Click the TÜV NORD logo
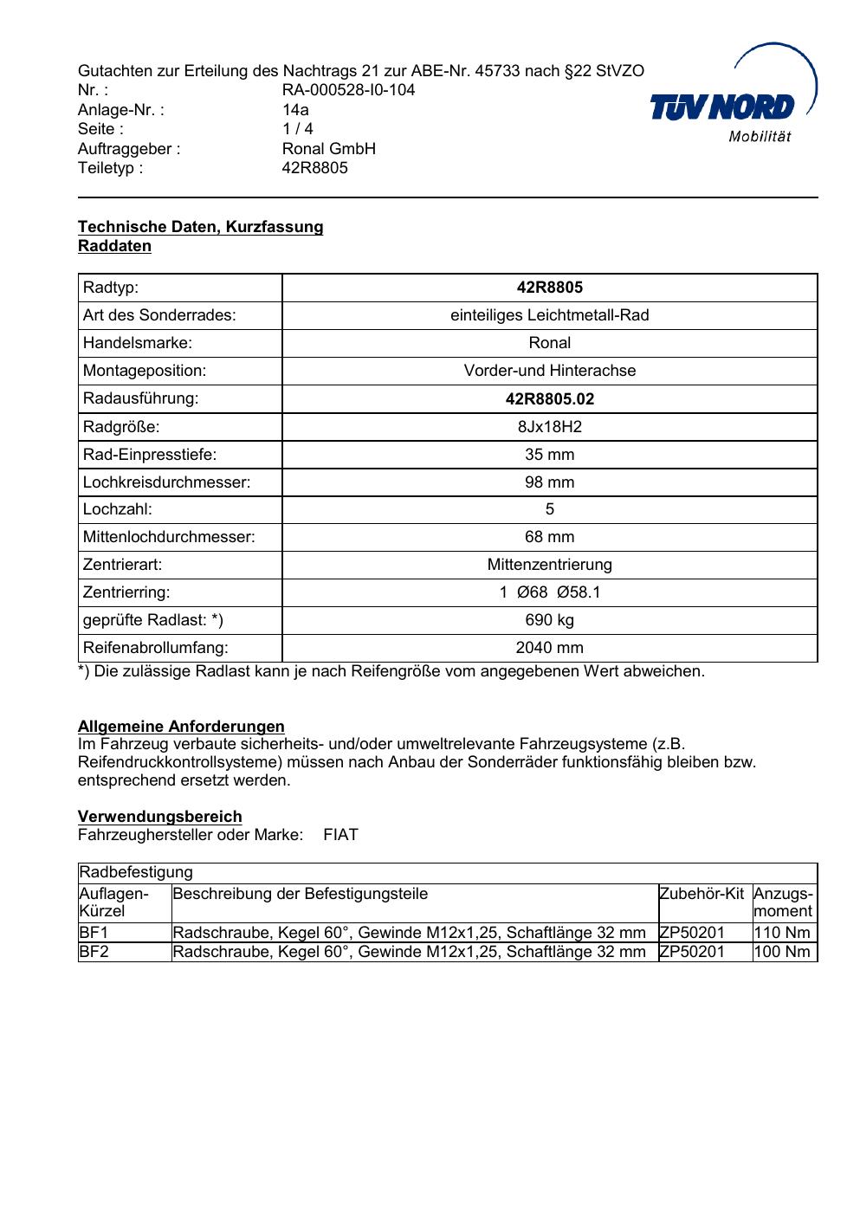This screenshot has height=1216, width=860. click(x=732, y=107)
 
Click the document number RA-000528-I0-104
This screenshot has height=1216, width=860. click(x=348, y=90)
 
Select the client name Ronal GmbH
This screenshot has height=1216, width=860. click(x=328, y=148)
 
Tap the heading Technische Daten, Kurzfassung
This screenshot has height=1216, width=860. click(x=200, y=227)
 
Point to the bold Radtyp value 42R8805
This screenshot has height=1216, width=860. click(x=549, y=288)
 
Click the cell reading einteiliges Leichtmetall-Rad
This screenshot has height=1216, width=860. click(x=549, y=315)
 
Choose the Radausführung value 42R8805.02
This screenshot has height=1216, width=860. click(x=549, y=399)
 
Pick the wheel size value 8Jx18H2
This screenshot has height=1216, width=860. click(x=549, y=427)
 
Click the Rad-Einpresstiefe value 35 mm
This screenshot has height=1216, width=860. click(x=549, y=455)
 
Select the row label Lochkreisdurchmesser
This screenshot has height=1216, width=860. click(x=166, y=482)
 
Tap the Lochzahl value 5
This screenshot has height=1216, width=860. click(x=549, y=509)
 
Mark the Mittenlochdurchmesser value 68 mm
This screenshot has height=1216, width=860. click(x=549, y=537)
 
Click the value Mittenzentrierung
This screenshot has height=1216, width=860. click(x=549, y=565)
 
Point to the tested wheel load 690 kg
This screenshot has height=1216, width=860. click(x=549, y=620)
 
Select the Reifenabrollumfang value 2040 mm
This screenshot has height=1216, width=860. click(x=549, y=648)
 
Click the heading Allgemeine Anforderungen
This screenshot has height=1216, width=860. click(x=181, y=726)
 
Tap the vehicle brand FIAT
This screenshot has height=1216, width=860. click(x=340, y=835)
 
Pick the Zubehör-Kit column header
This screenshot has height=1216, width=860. click(x=702, y=894)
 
